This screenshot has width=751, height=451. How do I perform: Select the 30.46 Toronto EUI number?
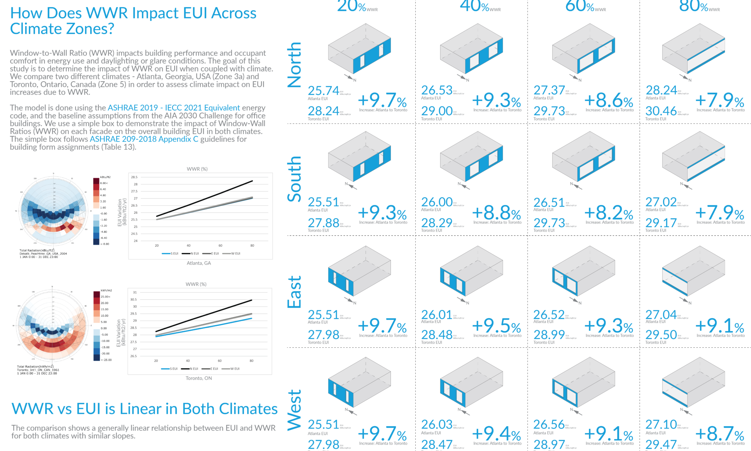point(661,111)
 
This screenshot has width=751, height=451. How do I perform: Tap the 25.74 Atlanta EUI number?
point(323,91)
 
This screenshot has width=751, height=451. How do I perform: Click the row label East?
point(294,292)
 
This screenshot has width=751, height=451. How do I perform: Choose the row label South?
point(294,179)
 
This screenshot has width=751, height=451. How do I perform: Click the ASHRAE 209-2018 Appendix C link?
point(144,139)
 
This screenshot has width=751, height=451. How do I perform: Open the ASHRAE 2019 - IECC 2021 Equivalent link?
point(173,108)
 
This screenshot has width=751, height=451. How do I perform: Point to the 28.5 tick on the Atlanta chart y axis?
point(134,177)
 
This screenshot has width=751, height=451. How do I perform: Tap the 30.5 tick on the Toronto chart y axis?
point(133,300)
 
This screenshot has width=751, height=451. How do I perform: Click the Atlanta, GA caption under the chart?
point(199,263)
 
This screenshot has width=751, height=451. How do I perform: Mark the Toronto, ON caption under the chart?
point(199,378)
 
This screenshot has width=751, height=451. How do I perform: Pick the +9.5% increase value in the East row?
point(496,325)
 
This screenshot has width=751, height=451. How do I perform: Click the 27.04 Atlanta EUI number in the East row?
point(661,315)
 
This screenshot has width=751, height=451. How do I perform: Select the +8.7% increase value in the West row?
point(719,434)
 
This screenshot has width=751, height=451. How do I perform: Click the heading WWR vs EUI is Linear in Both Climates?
point(145,409)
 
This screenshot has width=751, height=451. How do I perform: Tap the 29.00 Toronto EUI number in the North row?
point(437,111)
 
